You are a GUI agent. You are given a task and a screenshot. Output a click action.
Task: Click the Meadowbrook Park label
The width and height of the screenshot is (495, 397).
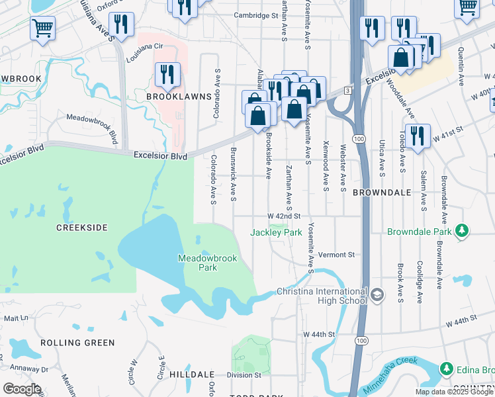point(199,263)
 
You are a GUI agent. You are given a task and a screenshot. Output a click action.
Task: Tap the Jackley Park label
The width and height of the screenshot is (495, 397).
point(276,232)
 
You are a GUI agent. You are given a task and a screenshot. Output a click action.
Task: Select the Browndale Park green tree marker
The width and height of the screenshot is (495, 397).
point(461,231)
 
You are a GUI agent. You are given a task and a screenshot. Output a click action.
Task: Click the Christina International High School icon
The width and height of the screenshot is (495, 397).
point(377,294)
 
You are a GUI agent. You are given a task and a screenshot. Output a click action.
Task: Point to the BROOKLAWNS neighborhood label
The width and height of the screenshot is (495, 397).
point(179,97)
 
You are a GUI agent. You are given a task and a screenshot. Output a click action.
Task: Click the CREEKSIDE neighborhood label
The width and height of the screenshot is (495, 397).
point(81,228)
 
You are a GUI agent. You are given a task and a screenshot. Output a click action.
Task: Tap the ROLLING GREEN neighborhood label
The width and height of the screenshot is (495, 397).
point(77,343)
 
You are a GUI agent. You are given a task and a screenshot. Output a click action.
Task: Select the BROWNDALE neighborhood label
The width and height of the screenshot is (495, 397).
point(382,193)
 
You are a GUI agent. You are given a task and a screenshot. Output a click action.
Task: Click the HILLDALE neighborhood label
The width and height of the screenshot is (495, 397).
point(192,375)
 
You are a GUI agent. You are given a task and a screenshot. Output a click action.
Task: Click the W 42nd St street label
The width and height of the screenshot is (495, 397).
point(284,216)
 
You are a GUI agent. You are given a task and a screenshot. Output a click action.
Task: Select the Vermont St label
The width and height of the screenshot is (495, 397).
point(336,255)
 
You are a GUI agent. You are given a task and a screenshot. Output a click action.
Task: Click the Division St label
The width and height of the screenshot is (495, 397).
point(240,375)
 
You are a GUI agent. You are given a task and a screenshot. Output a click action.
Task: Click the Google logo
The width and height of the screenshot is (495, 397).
point(22,389)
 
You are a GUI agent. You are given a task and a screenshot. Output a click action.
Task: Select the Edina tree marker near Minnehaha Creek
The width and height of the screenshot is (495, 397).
point(446,368)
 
